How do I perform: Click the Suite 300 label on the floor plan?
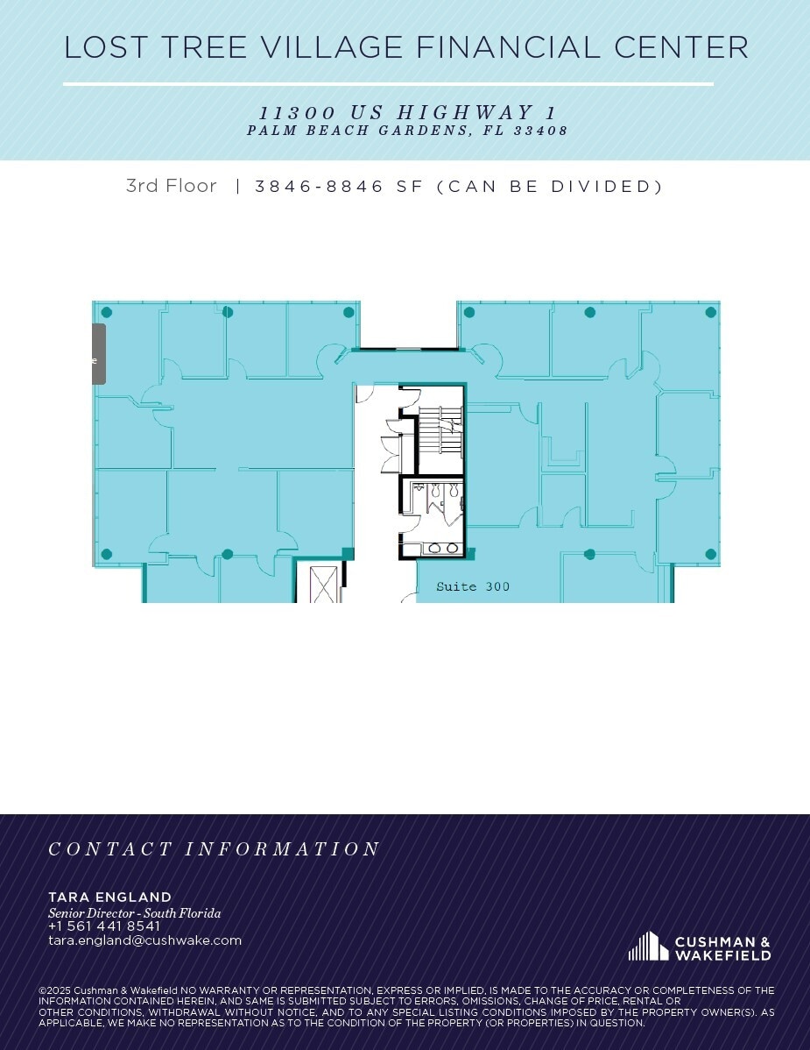click(x=472, y=586)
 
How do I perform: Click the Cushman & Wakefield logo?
click(x=700, y=947)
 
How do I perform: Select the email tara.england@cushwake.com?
click(x=144, y=940)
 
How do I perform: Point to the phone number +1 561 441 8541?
click(x=104, y=926)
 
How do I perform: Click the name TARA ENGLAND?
click(x=109, y=897)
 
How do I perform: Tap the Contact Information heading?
click(x=214, y=849)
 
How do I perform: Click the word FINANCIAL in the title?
click(x=509, y=46)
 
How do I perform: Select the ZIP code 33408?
click(x=540, y=131)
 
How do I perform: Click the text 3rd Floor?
click(x=172, y=186)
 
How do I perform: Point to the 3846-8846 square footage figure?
click(x=320, y=186)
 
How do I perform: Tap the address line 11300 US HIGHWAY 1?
click(x=408, y=112)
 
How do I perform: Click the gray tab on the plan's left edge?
click(x=98, y=354)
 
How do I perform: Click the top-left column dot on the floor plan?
click(x=106, y=312)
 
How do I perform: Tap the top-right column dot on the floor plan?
click(x=711, y=312)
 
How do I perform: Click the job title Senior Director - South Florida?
click(x=135, y=912)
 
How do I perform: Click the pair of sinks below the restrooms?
click(x=442, y=549)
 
